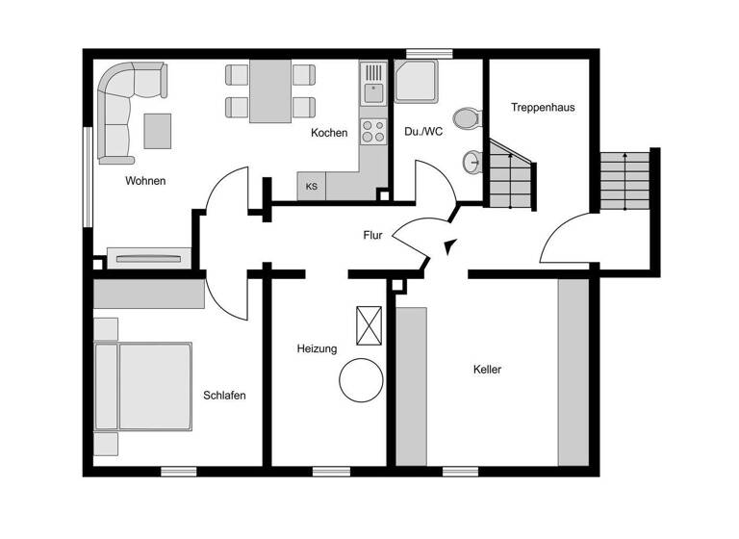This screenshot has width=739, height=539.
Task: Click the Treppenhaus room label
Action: click(543, 108)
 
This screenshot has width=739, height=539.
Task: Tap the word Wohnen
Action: click(145, 181)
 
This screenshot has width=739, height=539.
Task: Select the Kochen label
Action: click(329, 133)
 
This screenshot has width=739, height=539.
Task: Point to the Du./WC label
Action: click(423, 132)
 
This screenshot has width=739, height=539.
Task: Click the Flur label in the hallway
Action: click(373, 235)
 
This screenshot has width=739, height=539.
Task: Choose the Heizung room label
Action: click(317, 348)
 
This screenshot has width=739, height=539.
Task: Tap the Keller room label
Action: click(487, 370)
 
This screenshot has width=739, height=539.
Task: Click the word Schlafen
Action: click(224, 395)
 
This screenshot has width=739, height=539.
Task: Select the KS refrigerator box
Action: click(312, 187)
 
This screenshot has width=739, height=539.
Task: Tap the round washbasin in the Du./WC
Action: click(471, 162)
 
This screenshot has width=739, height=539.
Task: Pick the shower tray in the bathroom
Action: click(417, 82)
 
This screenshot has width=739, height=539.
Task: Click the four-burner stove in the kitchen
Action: click(372, 132)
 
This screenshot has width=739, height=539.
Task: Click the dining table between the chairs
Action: click(270, 90)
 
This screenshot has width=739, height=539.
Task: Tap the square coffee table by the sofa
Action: click(158, 130)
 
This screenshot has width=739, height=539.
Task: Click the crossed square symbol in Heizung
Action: click(369, 325)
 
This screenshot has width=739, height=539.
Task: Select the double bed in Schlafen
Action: click(142, 386)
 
